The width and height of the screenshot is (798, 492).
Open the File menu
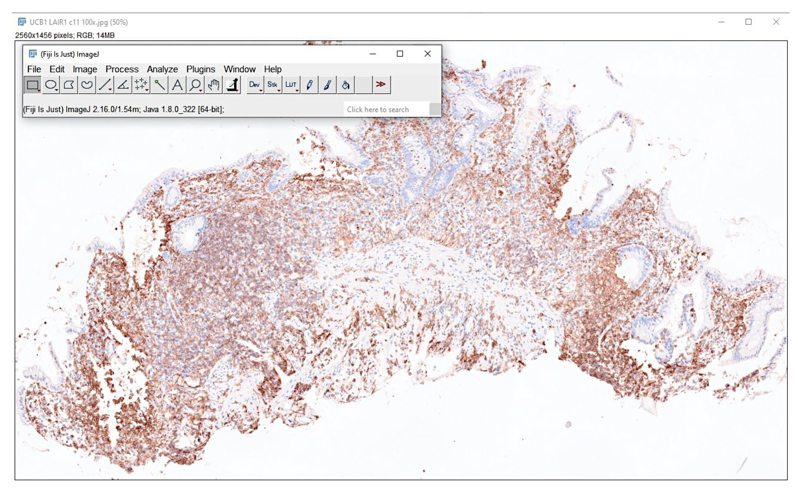click(x=34, y=69)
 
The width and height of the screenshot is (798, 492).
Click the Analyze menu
click(x=162, y=69)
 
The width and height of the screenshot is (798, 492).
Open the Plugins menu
click(x=200, y=69)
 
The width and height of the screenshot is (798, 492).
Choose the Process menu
click(x=122, y=69)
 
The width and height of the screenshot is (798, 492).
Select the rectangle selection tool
click(x=32, y=85)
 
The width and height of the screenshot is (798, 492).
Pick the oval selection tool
click(x=51, y=85)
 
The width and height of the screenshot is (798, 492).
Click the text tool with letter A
click(x=177, y=85)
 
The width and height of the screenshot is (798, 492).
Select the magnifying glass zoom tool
click(x=195, y=85)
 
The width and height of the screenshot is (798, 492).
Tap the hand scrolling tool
click(x=214, y=85)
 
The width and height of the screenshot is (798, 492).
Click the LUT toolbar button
click(x=291, y=85)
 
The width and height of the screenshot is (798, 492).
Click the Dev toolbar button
click(x=254, y=85)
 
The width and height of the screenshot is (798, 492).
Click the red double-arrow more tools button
click(x=381, y=85)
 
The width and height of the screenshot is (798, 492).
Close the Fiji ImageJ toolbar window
click(x=427, y=54)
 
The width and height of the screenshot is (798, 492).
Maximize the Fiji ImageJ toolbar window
click(x=400, y=54)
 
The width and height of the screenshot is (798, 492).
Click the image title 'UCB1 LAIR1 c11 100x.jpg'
click(x=78, y=22)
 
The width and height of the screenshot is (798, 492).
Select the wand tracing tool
click(x=159, y=85)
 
